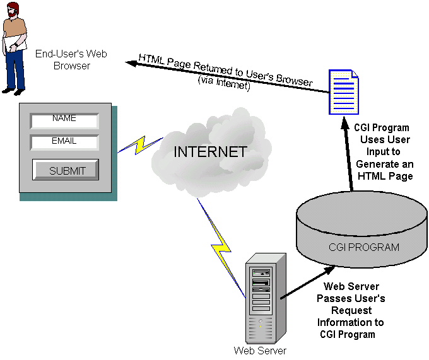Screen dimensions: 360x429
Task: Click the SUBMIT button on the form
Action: pos(65,170)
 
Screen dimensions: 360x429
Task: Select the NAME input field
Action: pos(64,119)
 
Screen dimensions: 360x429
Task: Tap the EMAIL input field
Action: pos(64,142)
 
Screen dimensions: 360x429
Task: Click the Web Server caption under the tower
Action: pos(260,351)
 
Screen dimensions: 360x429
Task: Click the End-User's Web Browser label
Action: pos(71,60)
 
